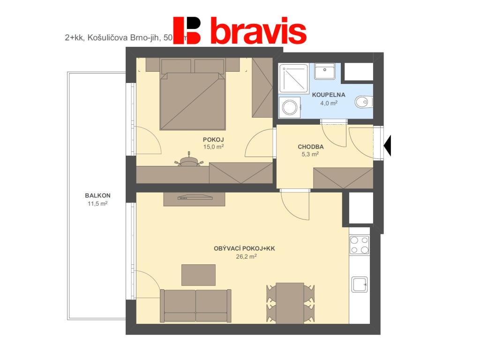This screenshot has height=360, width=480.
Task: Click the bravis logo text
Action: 258,31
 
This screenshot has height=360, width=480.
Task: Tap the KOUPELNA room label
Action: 329,95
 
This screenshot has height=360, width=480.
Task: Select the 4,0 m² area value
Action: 329,103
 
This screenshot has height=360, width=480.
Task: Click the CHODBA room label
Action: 311,147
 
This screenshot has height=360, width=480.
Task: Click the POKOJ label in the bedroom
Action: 213,140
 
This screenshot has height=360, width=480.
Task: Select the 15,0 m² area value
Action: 213,147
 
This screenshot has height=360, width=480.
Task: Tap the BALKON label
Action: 97,196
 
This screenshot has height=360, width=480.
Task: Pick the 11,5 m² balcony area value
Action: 97,203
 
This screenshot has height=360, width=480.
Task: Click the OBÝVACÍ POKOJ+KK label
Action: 244,248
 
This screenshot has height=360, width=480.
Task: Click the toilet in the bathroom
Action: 363,101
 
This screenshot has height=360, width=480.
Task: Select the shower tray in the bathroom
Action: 294,78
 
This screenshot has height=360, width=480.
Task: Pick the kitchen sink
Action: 360,284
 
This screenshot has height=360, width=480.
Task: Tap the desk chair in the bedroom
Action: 188,160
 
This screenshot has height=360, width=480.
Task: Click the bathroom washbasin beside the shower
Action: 324,71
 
